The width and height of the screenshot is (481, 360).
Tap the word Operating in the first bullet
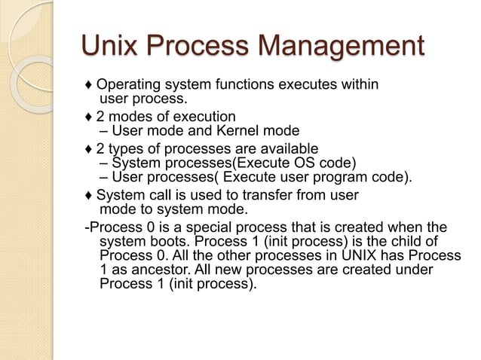click(127, 84)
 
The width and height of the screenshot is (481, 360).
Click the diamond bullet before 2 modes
click(89, 117)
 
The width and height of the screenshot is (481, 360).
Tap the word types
click(125, 148)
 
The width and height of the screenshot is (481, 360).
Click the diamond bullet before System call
click(89, 195)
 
